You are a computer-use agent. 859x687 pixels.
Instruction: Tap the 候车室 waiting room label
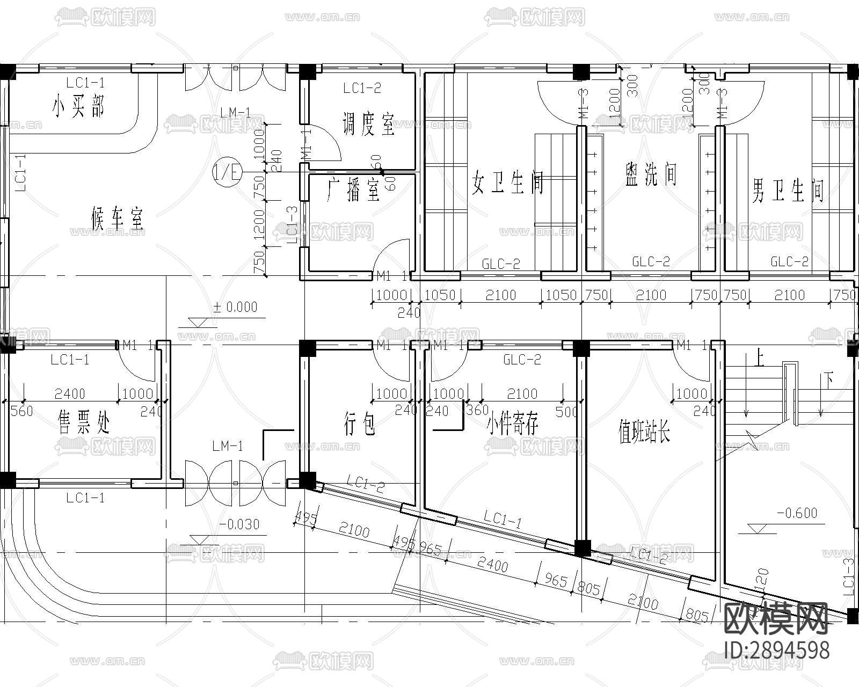[117, 220]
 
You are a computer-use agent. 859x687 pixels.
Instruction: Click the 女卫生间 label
[508, 182]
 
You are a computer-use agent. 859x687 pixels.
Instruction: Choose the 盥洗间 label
[651, 174]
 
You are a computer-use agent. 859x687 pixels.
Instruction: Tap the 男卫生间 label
[788, 191]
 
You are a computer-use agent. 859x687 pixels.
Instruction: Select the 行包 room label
[359, 424]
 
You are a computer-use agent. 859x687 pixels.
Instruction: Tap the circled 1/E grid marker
[228, 172]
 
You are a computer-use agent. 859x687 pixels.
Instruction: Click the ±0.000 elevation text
[235, 307]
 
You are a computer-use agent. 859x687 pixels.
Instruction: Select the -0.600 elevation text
[797, 513]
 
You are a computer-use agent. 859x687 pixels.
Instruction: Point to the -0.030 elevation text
[239, 524]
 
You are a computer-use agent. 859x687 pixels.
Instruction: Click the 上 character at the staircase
[758, 358]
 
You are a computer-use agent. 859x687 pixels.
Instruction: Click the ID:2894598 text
[776, 650]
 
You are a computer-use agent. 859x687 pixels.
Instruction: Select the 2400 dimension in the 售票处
[70, 394]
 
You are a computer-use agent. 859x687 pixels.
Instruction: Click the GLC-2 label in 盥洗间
[651, 262]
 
